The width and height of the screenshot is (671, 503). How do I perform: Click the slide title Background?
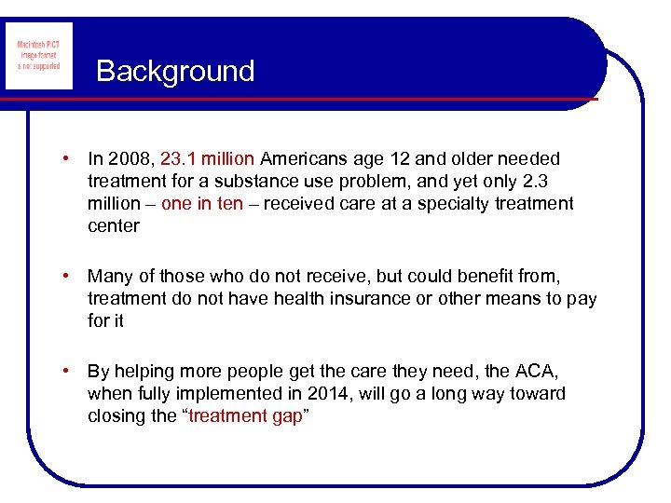click(x=174, y=72)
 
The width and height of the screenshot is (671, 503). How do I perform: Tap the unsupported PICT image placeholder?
click(x=38, y=56)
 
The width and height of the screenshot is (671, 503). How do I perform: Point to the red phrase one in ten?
click(x=202, y=204)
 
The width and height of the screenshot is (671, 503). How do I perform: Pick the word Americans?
click(x=303, y=159)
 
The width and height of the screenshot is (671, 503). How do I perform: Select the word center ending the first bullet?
click(x=114, y=226)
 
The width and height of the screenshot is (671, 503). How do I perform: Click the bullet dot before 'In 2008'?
click(x=68, y=159)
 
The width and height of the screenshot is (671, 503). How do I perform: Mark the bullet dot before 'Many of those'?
click(x=68, y=277)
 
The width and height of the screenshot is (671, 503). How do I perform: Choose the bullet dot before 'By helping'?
click(x=68, y=372)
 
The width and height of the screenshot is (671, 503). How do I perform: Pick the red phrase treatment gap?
click(x=245, y=416)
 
